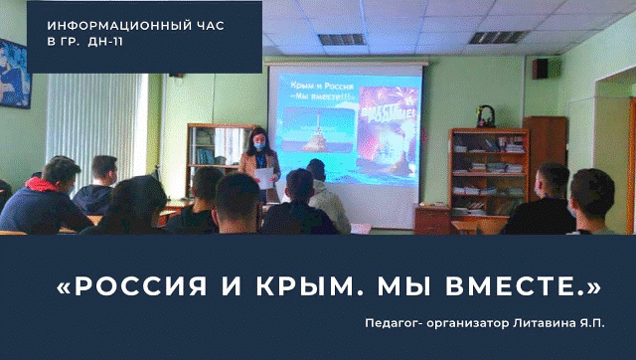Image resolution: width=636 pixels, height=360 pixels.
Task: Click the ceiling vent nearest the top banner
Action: [x=341, y=40]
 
